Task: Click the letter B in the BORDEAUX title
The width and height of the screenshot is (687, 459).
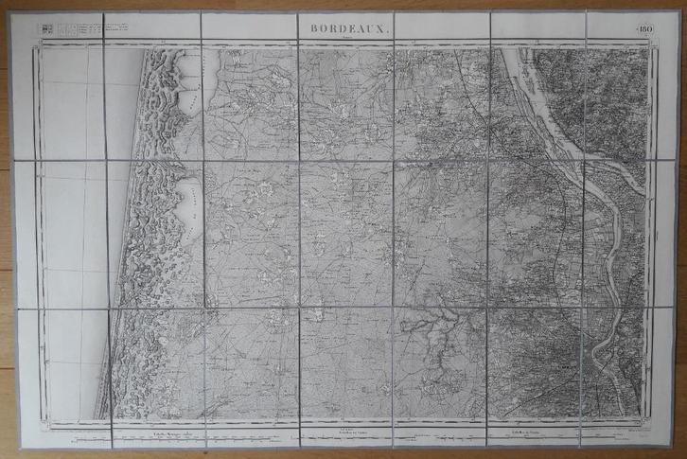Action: tap(313, 28)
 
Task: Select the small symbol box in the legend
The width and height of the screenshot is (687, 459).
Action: tap(44, 28)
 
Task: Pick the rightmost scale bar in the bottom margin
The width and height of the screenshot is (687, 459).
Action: tap(516, 434)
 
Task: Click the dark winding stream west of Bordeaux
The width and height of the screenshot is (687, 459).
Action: tap(435, 331)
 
